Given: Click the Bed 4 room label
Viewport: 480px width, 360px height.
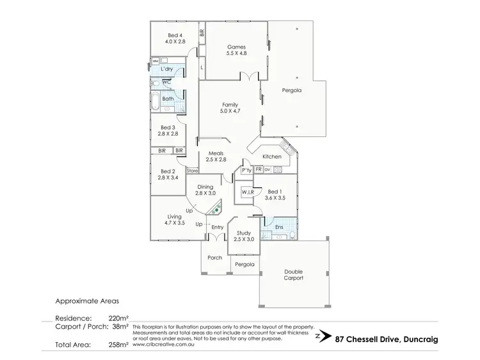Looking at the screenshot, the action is pos(175,38).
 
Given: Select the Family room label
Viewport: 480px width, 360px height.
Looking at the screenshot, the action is pos(230,107).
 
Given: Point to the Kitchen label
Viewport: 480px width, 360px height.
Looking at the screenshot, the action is pos(272,157).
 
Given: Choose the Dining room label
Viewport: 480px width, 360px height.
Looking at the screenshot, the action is pos(205,189).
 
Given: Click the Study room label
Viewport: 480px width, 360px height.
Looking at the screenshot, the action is pos(244,236).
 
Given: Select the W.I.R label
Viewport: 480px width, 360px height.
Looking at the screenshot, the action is pos(248,192).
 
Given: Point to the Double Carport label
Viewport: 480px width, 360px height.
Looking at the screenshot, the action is pos(294,275).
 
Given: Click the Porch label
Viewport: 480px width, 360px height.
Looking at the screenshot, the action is pos(215,258).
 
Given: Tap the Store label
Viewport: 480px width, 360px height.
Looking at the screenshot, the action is pos(192,171).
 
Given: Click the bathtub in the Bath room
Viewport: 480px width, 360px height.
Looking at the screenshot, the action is pos(157,99).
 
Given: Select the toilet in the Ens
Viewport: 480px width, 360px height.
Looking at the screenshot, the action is pos(292,235).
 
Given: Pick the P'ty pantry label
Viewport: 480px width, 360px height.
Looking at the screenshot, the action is pos(245,170).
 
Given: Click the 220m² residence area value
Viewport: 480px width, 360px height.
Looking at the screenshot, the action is pos(119,317).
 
